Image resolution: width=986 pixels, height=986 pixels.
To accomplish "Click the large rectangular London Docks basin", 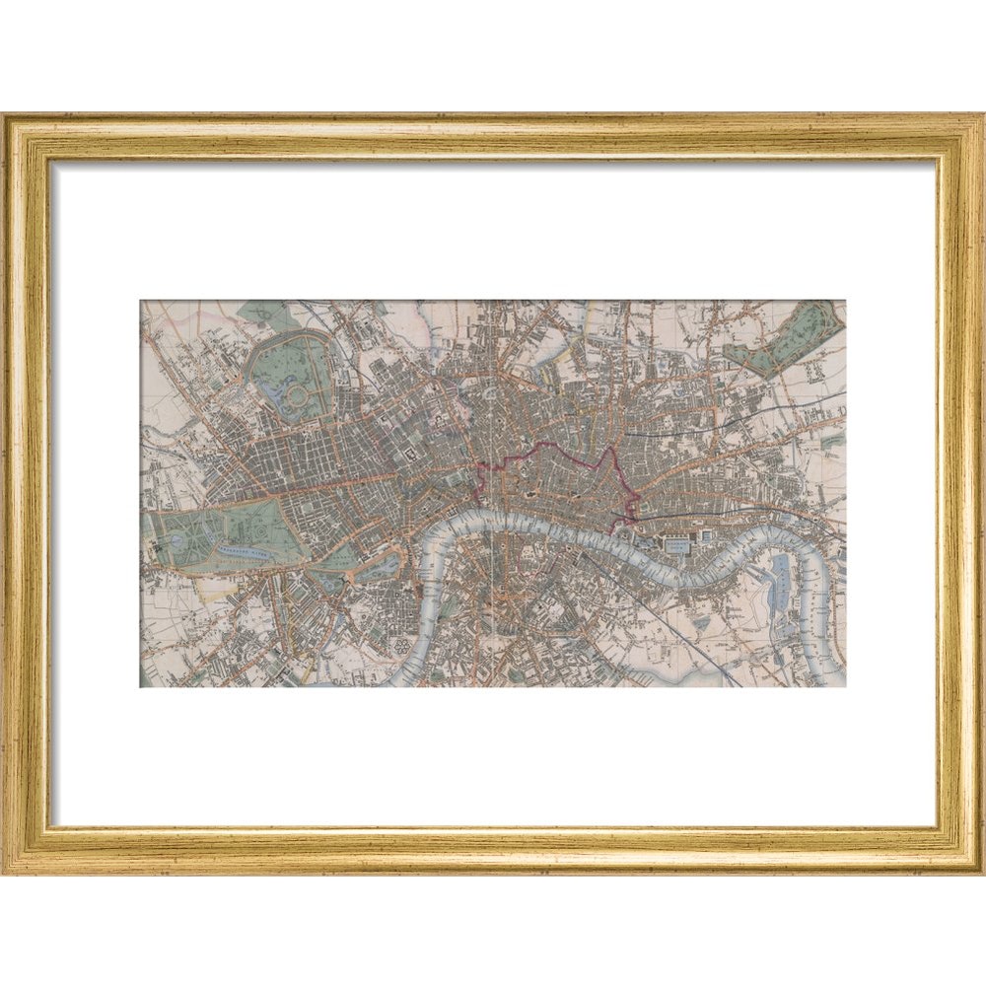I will click(677, 543).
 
